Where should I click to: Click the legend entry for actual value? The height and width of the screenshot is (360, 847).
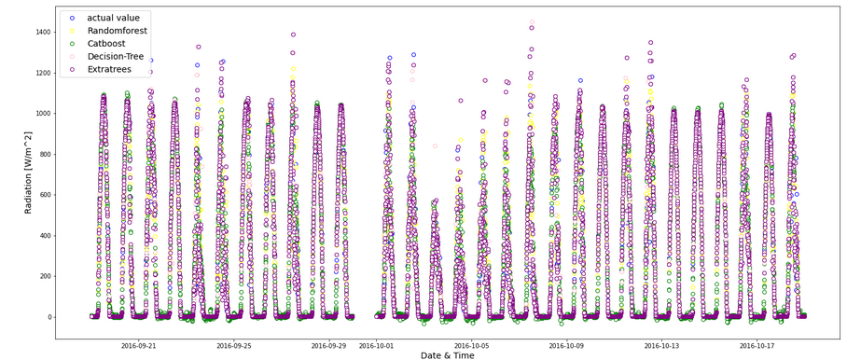point(113,18)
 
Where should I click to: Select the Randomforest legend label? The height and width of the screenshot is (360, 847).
point(117,31)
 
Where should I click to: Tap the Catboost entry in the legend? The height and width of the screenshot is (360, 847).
point(108,43)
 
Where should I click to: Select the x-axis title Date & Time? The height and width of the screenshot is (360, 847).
point(446,354)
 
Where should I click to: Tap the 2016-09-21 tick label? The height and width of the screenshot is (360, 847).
point(138,345)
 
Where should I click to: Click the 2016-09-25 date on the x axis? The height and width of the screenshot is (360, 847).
point(233,345)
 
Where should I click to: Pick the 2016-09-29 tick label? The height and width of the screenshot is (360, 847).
point(328,345)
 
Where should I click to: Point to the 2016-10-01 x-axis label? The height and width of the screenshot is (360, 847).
point(376,345)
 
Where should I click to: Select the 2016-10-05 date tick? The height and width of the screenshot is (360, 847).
point(471,345)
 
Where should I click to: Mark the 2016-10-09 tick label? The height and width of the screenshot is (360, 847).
point(566,345)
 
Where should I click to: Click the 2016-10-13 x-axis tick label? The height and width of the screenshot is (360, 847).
point(661,345)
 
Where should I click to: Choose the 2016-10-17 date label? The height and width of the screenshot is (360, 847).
point(757,345)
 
